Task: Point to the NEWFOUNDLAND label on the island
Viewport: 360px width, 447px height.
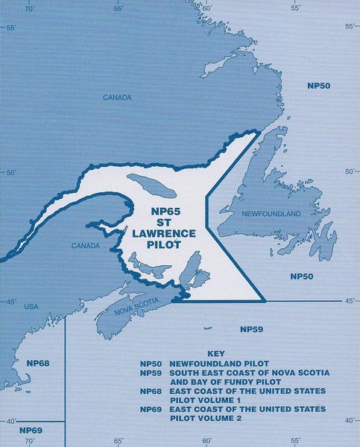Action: pos(271,214)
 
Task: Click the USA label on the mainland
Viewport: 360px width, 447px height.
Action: pos(31,306)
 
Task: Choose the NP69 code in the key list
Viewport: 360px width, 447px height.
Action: pos(150,409)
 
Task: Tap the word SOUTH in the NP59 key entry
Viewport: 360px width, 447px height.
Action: pos(186,372)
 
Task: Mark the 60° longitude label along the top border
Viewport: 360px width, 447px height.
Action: pos(206,8)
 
